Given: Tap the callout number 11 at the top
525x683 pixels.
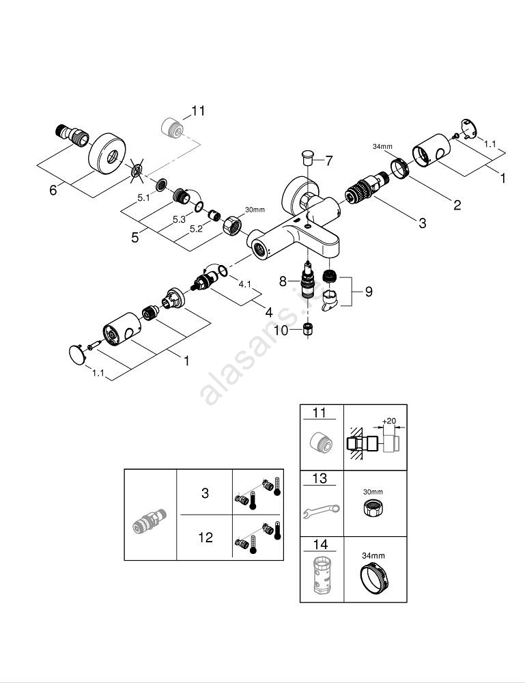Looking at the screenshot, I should [x=198, y=111].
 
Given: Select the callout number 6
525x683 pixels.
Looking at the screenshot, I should [x=53, y=191].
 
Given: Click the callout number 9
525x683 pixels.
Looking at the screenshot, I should [x=368, y=292].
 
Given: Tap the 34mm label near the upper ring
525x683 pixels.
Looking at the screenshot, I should [x=382, y=146].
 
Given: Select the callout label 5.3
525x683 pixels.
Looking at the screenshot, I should [x=180, y=219].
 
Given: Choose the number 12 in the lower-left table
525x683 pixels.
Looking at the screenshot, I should [x=205, y=538].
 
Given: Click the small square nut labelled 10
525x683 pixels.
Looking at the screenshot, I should [x=309, y=331].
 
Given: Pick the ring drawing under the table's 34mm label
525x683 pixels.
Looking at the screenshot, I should [x=373, y=581].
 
